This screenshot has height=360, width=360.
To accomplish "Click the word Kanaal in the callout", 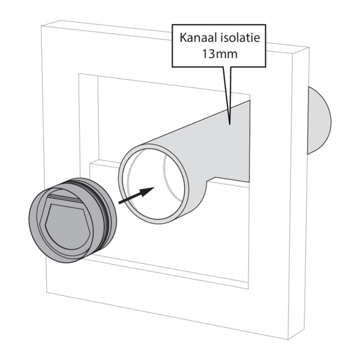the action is (198, 38).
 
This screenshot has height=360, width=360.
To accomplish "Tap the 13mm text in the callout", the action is (220, 54).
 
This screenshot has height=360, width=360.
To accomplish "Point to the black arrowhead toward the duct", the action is (147, 192).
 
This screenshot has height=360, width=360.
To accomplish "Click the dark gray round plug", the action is (73, 220).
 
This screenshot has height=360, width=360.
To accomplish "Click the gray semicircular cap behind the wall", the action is (319, 121).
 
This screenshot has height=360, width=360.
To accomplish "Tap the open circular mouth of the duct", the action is (154, 184).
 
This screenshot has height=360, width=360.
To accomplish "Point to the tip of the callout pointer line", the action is (230, 124).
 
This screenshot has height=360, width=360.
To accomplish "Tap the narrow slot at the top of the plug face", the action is (65, 197).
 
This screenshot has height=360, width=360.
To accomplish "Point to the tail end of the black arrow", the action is (119, 203).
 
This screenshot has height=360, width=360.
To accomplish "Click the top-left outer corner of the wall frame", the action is (41, 26).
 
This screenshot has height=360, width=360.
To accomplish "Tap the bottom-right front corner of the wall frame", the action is (288, 340).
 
